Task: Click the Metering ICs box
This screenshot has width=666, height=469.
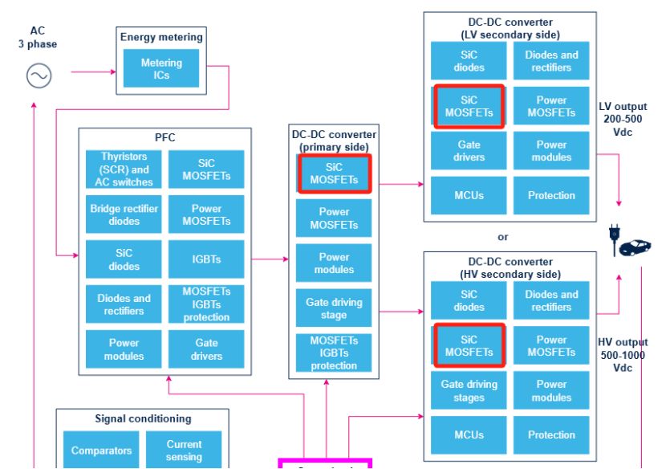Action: coord(161,68)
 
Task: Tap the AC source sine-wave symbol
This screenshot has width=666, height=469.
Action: coord(39,76)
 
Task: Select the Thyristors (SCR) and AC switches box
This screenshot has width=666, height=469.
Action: coord(124,169)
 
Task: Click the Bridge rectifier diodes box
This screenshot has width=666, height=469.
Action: coord(124,214)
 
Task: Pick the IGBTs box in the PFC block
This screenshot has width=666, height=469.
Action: coord(206,259)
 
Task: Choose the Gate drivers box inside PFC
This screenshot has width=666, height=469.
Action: coord(206,349)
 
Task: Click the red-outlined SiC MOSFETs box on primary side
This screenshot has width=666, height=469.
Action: coord(334,173)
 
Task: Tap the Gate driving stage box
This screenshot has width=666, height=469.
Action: coord(334,308)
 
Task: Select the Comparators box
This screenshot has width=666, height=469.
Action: coord(101,450)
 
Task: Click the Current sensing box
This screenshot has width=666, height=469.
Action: coord(184,450)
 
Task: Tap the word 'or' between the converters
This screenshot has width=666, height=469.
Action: coord(503,237)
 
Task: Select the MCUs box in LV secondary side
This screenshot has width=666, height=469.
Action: coord(469,195)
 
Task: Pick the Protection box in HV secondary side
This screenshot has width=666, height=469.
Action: coord(551,434)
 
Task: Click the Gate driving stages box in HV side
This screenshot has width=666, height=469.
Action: coord(469,390)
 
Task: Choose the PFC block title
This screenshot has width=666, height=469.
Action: coord(164,138)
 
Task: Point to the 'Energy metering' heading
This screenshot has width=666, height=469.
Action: coord(161,37)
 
